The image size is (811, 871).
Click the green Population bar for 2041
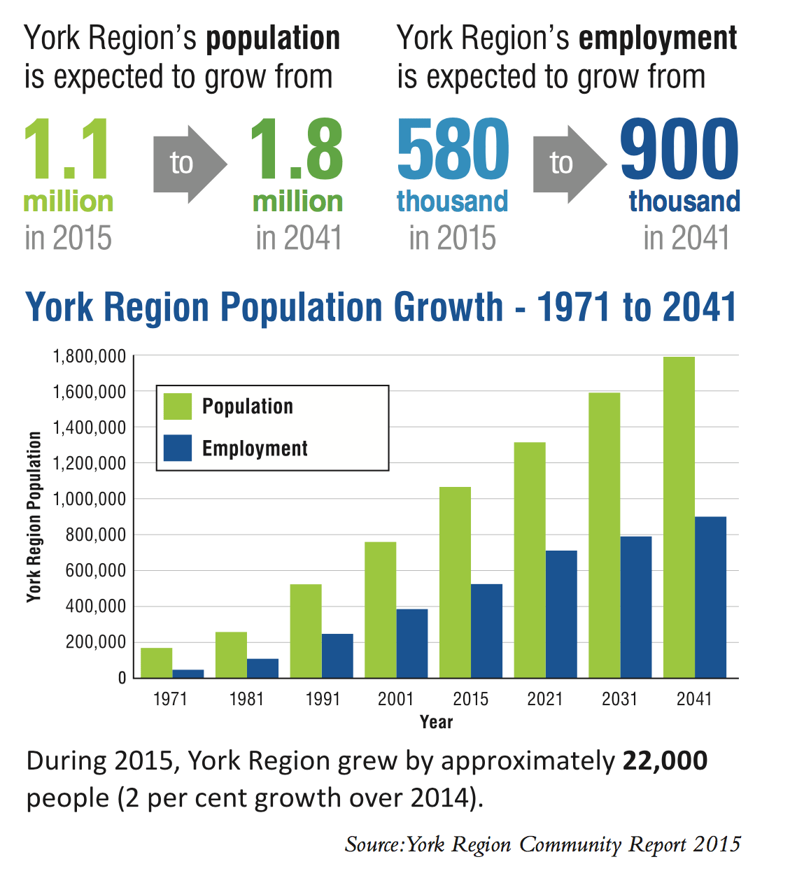679,517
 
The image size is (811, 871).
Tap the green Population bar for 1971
157,663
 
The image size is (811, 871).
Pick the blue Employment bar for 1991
337,656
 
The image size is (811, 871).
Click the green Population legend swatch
177,406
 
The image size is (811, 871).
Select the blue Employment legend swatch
177,448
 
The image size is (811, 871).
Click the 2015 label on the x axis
470,699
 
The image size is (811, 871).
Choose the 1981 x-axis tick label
246,699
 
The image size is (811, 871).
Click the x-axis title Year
436,722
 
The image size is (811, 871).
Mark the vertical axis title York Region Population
34,517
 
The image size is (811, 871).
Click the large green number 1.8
297,150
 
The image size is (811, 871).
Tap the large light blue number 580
453,150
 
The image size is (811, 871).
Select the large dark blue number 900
679,150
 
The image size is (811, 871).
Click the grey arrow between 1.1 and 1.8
189,164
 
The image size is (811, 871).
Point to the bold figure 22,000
665,760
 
